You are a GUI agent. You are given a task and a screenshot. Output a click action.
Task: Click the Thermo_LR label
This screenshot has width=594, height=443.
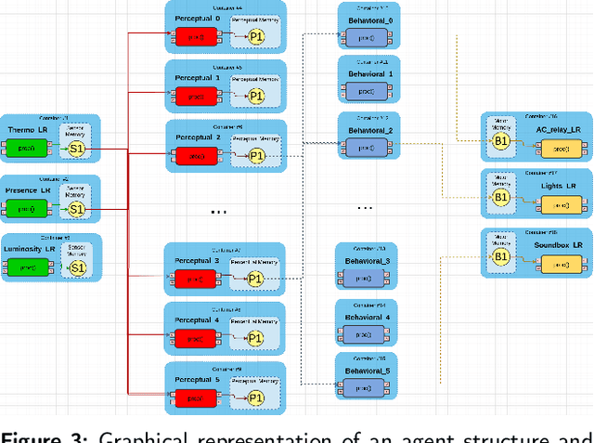tap(27, 129)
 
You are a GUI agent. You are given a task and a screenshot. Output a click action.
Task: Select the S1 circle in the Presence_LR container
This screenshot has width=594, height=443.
tap(77, 209)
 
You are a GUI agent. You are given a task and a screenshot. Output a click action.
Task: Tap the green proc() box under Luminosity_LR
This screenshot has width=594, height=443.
tap(27, 268)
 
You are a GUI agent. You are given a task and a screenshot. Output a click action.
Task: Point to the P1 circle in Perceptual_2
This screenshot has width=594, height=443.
tap(257, 156)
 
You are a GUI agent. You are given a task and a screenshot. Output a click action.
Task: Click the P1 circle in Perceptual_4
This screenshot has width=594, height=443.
tap(257, 339)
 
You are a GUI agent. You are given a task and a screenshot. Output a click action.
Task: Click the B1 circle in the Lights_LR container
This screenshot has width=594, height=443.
tap(500, 197)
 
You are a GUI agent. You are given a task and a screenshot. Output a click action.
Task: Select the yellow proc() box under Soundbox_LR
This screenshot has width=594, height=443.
tap(561, 266)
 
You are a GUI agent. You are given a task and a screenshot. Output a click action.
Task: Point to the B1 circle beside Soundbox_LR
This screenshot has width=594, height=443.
tap(500, 256)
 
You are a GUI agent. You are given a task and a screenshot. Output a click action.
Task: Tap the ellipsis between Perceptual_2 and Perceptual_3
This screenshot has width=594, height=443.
tap(219, 212)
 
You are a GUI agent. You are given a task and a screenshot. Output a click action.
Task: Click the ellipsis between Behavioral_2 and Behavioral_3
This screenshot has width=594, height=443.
tap(365, 206)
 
